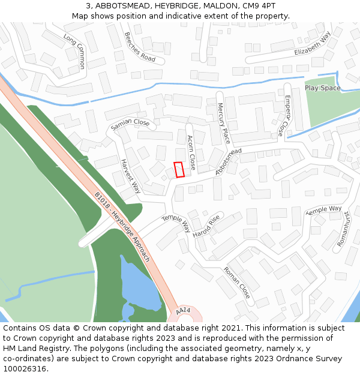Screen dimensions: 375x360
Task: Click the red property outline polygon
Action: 178,170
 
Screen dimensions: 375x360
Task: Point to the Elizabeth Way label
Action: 313,44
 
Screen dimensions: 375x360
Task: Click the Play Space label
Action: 322,88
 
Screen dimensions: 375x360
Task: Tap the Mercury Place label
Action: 223,123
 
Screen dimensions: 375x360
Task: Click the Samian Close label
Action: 130,125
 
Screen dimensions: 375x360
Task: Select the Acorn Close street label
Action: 191,152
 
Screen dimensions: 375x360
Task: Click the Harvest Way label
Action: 130,176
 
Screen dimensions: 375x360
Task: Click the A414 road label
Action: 183,311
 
